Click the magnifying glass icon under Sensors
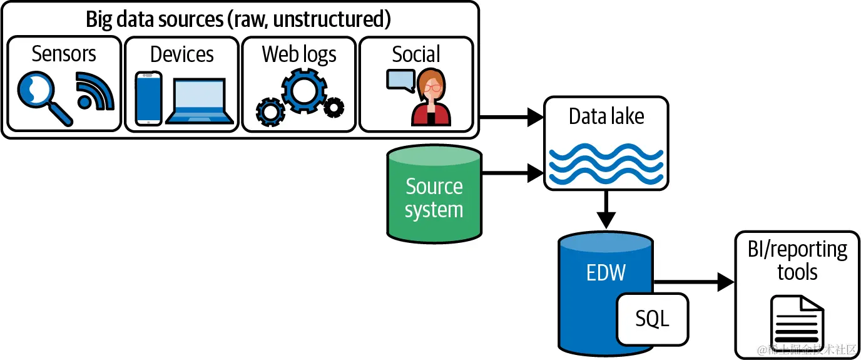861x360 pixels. pos(43,97)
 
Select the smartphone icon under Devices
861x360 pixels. pos(148,98)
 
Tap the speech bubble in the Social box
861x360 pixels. pos(400,80)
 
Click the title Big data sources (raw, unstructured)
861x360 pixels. pos(238,19)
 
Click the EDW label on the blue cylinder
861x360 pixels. pos(606,273)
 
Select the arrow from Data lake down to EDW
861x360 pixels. pos(606,210)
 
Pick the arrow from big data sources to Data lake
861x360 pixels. pos(511,116)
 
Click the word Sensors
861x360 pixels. pos(64,54)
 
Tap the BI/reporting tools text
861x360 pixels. pos(797,260)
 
